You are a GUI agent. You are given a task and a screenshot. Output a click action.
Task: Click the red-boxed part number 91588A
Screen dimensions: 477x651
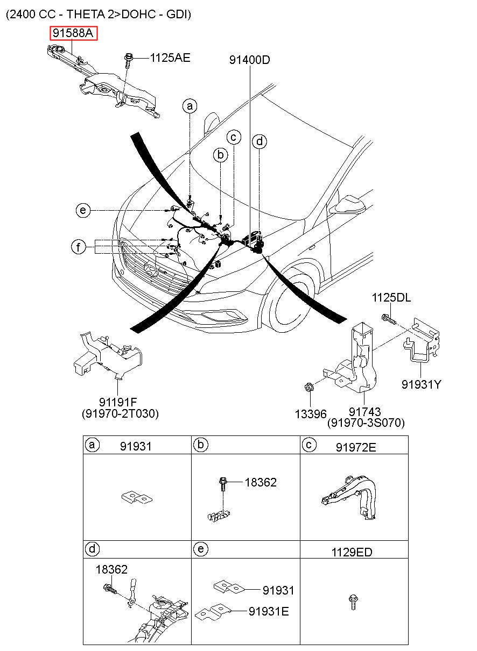click(x=73, y=33)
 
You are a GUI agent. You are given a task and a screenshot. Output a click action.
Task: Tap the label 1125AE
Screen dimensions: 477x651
click(x=170, y=58)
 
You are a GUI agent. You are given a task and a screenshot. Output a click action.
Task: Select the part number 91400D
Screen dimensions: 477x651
click(x=249, y=60)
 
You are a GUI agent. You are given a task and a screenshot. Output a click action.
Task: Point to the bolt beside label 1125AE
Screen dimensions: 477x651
click(x=127, y=60)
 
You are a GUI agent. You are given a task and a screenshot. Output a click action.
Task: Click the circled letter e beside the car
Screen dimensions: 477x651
click(x=83, y=210)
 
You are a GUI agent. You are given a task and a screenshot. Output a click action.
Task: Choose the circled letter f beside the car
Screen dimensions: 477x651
click(x=78, y=247)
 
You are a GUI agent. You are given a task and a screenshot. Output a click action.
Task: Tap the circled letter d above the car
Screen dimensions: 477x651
click(x=259, y=141)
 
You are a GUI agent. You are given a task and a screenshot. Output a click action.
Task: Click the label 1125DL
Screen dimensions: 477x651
click(x=391, y=298)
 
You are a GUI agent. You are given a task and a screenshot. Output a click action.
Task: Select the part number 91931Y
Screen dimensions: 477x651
click(x=421, y=384)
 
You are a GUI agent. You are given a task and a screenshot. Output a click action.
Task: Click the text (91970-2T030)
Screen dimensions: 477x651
click(x=121, y=413)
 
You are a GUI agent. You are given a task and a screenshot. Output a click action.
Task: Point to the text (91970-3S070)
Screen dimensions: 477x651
click(x=366, y=423)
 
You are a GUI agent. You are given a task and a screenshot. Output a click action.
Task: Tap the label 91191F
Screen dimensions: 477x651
click(x=118, y=402)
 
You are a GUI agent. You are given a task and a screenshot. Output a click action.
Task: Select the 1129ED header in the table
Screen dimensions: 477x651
click(x=352, y=553)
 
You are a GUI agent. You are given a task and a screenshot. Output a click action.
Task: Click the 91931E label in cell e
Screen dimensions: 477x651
click(x=269, y=611)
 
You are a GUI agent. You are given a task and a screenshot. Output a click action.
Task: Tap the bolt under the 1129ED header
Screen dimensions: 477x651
click(x=353, y=602)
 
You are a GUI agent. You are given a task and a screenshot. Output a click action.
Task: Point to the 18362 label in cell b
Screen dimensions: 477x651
click(x=261, y=482)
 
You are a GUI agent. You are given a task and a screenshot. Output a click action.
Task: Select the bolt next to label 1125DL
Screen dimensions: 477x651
click(x=389, y=319)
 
